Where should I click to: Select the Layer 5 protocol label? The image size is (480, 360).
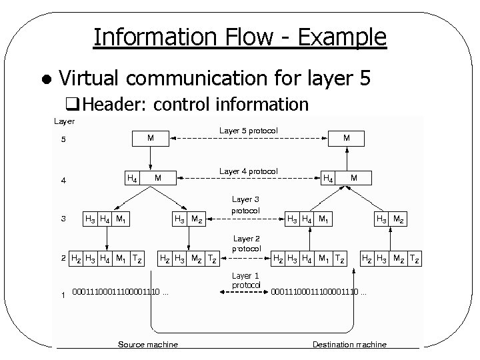coord(248,130)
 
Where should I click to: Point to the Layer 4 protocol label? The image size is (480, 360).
coord(248,172)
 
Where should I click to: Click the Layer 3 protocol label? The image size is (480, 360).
coord(245,205)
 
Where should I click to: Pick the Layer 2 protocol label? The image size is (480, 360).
coord(246,243)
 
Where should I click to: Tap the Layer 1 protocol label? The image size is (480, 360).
coord(245,280)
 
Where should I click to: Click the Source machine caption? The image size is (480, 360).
coord(147,344)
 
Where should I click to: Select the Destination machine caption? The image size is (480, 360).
coord(349,344)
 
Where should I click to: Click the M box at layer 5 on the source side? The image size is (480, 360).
coord(151,138)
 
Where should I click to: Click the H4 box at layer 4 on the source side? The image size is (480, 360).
coord(132,178)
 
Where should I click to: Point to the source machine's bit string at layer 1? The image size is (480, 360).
coord(119,291)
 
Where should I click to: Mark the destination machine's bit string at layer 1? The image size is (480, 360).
coord(318,291)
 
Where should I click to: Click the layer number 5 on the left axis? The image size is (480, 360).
coord(64,140)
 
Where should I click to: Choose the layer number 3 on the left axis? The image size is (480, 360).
coord(63,218)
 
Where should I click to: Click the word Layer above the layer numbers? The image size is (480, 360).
coord(64,121)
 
